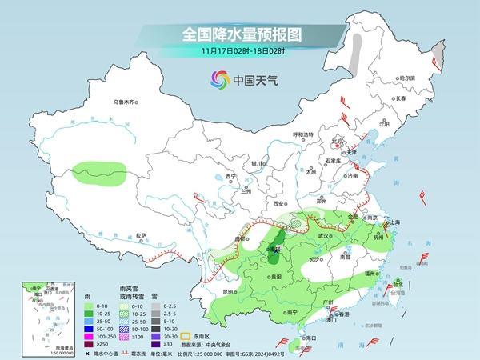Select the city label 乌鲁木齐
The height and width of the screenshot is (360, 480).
[x=126, y=102]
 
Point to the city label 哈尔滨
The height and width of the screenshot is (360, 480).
[x=407, y=78]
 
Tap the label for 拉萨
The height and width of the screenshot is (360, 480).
[x=141, y=235]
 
